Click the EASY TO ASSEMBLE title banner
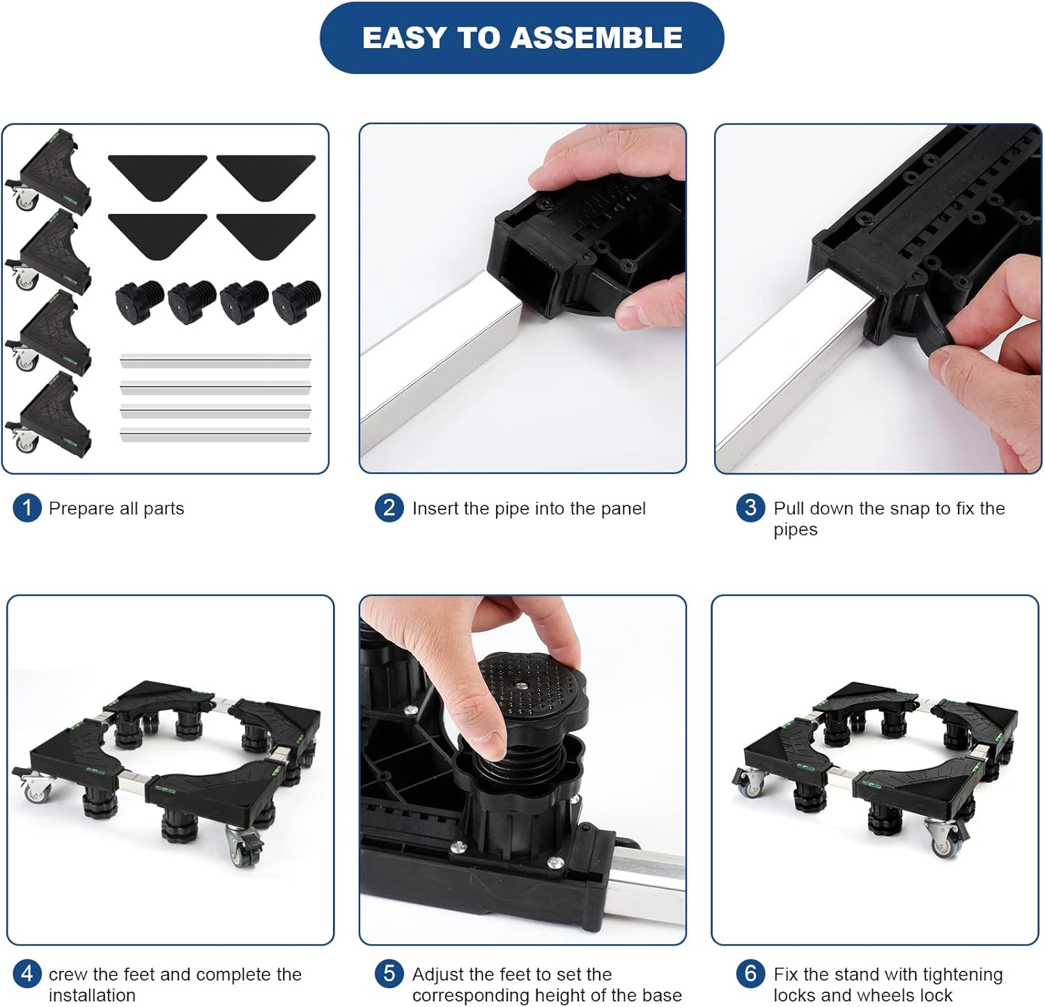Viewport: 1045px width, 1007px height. point(522,38)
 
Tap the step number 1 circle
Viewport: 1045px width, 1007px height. point(27,508)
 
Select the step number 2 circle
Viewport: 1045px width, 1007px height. point(389,508)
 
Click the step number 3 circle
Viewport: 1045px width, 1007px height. point(751,508)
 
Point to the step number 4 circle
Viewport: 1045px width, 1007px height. point(27,974)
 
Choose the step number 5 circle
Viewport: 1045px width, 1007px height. point(389,974)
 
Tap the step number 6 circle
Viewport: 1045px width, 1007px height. point(751,974)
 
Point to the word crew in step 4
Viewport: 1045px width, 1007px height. point(67,975)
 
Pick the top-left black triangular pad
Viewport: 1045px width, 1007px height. point(157,176)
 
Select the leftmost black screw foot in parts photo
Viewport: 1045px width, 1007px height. point(139,301)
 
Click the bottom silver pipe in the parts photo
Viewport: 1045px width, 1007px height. point(215,435)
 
